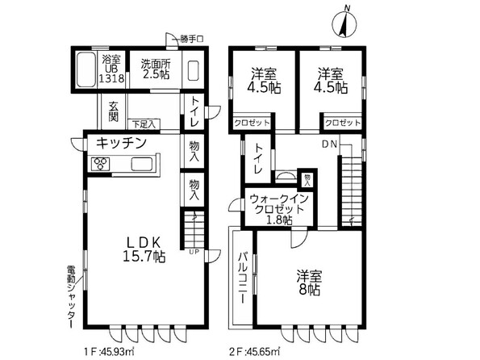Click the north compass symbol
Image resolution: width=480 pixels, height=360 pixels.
coord(344,23)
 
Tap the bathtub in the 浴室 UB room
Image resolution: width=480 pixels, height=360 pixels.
coord(86,70)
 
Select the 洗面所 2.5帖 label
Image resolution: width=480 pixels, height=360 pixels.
coord(156,69)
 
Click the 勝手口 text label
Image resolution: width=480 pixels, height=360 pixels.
coord(191,40)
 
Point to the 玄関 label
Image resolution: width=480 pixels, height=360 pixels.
coord(113,111)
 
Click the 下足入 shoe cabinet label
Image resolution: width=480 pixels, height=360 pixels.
coord(144,124)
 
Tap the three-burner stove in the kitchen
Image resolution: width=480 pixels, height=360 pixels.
coord(101,163)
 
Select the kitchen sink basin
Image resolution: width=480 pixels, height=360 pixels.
coord(142,164)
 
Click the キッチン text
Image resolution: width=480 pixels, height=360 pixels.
coord(121,143)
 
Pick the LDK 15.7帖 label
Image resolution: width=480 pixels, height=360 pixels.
coord(144,249)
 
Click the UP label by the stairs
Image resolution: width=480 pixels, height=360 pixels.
coord(194,252)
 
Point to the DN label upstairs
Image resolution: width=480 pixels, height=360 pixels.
coord(329,144)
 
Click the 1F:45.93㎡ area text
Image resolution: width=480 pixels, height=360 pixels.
coord(109,350)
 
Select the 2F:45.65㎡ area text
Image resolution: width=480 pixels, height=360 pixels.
coord(254,350)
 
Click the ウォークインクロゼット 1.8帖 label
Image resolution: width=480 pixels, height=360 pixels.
coord(278,209)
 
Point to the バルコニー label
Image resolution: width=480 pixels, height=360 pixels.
coord(243,278)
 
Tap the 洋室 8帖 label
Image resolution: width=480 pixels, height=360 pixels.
coord(309,282)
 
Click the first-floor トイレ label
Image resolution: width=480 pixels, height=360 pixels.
coord(194,111)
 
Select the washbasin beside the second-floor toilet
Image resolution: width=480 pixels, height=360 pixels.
coord(286,176)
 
